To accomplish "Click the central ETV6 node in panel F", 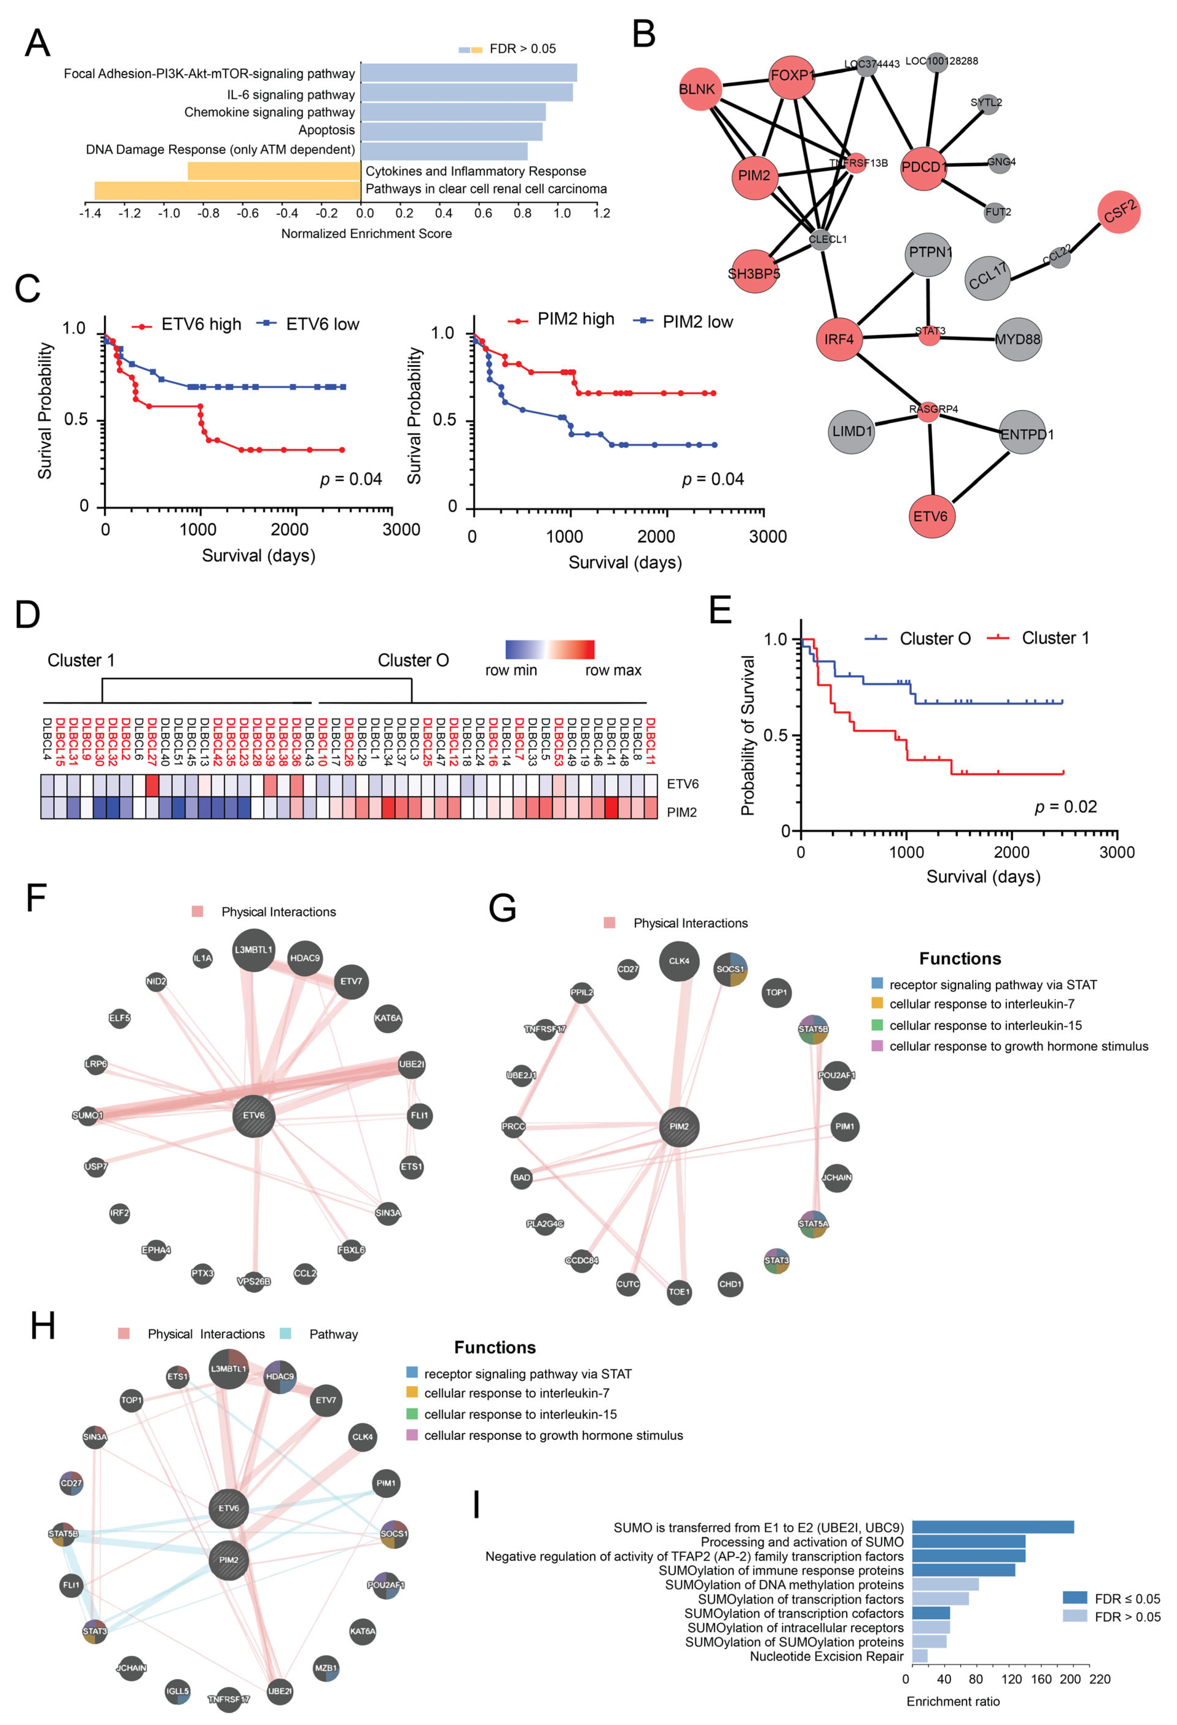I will click(x=254, y=1115).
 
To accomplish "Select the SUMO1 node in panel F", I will click(x=88, y=1115).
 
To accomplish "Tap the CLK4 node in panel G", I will click(x=679, y=961).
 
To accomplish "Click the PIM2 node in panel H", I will click(x=229, y=1559).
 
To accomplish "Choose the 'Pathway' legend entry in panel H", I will click(x=333, y=1334).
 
